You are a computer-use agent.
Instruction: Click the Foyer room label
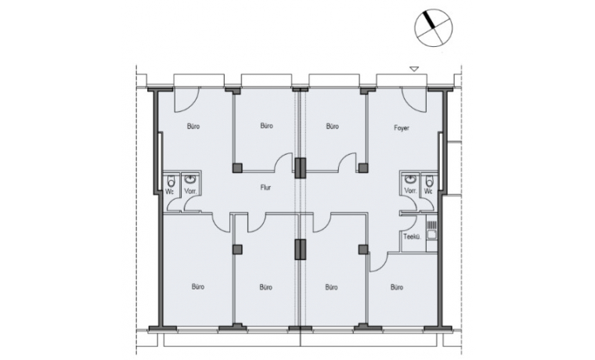point(402,128)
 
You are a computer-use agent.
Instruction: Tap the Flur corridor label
point(265,187)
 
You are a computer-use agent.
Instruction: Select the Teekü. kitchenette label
point(412,236)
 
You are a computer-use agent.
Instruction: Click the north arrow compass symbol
point(434,27)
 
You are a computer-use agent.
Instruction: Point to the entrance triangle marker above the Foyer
point(414,69)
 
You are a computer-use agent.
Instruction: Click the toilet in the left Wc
point(171,181)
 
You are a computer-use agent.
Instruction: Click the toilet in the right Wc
point(429,181)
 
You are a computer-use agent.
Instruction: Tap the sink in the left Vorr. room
point(190,178)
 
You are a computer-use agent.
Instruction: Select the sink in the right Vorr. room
point(409,178)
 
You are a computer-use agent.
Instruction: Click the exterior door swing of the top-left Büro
point(186,100)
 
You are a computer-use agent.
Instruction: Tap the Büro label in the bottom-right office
point(397,287)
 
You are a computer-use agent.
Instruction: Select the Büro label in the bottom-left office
point(198,286)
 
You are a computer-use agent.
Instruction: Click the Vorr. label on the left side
point(190,192)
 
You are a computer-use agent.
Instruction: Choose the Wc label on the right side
point(428,191)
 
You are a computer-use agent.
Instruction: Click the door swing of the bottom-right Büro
point(378,262)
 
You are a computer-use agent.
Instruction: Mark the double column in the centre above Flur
point(300,167)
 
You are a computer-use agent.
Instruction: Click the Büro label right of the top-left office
point(267,125)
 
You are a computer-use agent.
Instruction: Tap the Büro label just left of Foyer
point(333,126)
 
